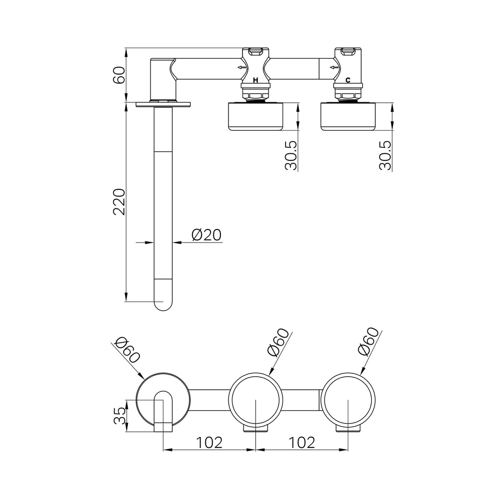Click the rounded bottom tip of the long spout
163,311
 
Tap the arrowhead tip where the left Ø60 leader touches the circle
143,379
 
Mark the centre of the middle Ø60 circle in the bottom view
256,400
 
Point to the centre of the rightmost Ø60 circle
348,400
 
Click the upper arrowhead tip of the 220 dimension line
126,102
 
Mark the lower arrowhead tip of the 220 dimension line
126,301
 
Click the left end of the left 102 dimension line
163,449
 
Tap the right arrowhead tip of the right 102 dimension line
348,449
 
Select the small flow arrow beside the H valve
241,68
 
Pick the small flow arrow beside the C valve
334,68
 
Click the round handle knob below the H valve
256,116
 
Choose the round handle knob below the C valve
348,116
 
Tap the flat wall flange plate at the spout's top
163,104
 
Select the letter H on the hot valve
256,81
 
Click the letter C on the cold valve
348,81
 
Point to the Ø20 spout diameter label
206,235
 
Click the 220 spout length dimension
119,201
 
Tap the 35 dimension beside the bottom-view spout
120,415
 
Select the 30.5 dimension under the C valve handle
385,155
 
